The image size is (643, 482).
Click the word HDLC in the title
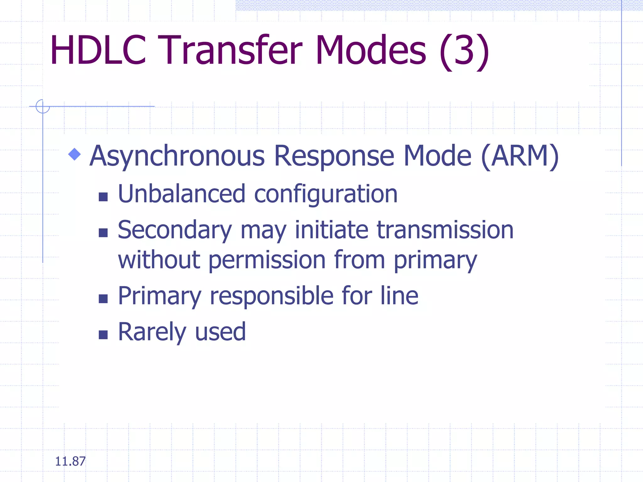(x=98, y=50)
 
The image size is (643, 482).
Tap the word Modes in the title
(x=371, y=50)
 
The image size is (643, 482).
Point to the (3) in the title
(x=464, y=52)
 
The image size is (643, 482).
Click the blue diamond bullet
(x=74, y=154)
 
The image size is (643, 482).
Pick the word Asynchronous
(x=177, y=156)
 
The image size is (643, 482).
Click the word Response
(x=334, y=156)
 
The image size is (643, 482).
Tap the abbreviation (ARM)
(x=520, y=156)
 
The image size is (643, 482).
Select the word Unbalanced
(x=181, y=194)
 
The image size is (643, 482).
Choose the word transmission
(x=445, y=230)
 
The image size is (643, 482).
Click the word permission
(x=267, y=260)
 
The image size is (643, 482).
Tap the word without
(x=159, y=260)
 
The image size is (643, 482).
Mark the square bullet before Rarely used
(x=103, y=335)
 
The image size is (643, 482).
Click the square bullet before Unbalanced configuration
(x=103, y=197)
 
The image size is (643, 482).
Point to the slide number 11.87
(x=70, y=461)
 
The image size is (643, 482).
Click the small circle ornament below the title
(x=43, y=106)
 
